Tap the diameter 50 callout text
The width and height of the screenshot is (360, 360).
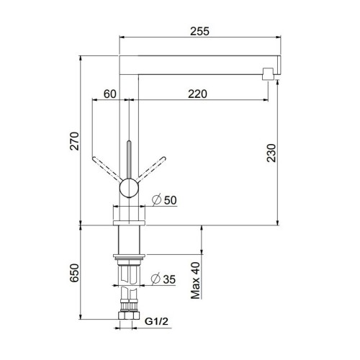165,199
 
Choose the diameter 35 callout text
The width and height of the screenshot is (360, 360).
164,279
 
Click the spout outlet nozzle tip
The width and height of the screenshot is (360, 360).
269,72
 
